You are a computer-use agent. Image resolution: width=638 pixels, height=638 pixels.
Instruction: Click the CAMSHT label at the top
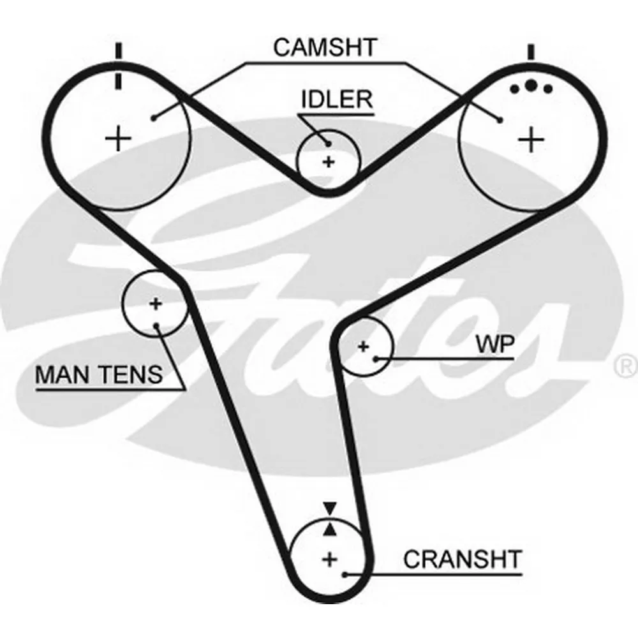325,47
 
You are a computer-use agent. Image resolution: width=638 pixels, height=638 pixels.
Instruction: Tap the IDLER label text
337,100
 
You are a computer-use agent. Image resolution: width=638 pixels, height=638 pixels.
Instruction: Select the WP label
495,345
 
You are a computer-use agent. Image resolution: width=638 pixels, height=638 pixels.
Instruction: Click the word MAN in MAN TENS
63,375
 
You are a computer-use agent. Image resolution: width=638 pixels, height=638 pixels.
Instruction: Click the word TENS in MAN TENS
131,375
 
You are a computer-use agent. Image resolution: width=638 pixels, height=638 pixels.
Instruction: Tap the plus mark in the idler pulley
329,162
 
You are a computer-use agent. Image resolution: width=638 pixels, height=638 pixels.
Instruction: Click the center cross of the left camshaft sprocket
119,138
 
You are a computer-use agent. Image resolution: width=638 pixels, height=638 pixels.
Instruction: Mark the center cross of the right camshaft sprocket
531,140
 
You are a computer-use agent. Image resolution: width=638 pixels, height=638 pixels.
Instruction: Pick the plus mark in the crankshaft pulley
330,560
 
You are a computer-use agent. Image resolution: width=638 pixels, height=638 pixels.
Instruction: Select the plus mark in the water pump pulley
364,346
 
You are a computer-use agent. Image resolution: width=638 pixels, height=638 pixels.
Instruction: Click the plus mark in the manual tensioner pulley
156,304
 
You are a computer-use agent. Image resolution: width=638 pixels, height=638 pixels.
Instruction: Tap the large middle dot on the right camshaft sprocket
531,85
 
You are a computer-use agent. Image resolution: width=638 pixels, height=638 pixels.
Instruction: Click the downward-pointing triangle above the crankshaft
330,509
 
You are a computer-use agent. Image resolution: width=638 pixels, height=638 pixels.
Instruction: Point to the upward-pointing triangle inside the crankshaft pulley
330,530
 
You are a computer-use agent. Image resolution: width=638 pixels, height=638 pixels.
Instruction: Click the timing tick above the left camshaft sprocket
119,66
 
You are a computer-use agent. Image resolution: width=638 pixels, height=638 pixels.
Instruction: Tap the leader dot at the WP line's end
376,359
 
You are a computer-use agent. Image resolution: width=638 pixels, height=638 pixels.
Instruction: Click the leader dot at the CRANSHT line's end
345,575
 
